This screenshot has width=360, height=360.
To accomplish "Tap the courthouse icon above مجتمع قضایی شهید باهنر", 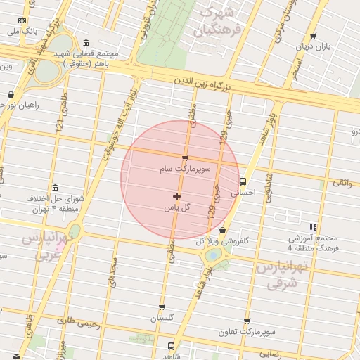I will click(85, 43).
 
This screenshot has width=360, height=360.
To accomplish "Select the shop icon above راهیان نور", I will click(11, 94).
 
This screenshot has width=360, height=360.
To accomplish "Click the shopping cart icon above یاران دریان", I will click(312, 36).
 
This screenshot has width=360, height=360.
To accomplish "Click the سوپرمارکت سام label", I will click(185, 169).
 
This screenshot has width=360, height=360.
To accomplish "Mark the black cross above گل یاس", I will click(176, 196).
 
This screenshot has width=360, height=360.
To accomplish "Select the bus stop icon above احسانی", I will click(243, 179).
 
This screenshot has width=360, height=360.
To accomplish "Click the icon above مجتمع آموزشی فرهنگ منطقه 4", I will click(313, 227).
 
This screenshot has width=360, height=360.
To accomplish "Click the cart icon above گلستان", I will click(162, 307).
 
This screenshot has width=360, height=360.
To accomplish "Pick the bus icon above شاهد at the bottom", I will click(171, 345).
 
